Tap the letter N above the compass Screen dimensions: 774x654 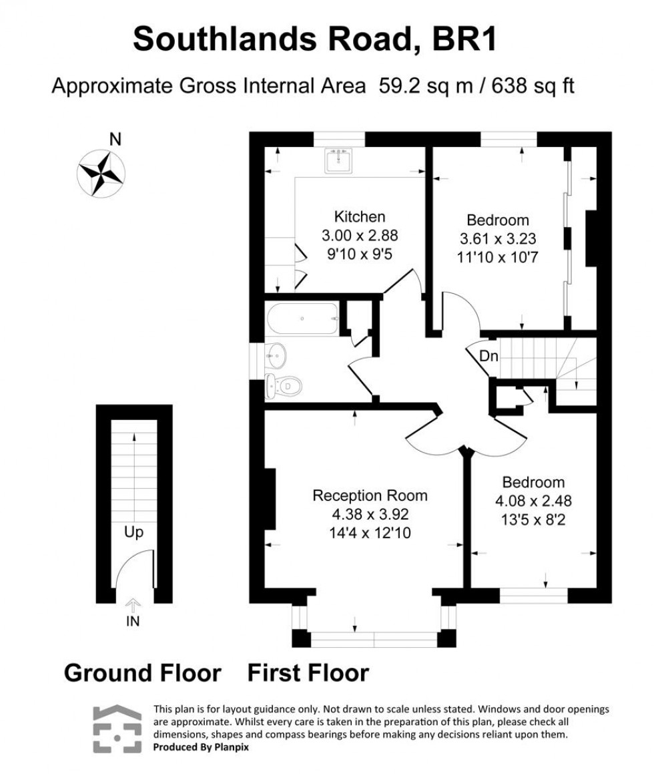point(115,140)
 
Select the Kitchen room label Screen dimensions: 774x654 point(360,216)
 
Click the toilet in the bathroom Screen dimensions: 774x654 point(284,385)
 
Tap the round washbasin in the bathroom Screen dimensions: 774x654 point(278,355)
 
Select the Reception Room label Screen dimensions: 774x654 point(370,496)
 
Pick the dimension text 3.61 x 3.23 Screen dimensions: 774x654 point(497,238)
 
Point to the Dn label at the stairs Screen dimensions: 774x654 point(489,357)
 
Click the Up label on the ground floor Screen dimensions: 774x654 point(133,532)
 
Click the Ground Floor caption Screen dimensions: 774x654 point(142,672)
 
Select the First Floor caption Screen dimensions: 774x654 point(308,672)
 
